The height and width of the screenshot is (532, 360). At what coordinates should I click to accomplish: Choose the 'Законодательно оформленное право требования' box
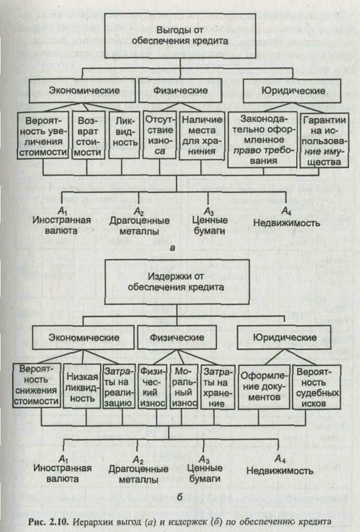point(263,140)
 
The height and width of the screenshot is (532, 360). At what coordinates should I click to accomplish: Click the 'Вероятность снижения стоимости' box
point(36,385)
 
